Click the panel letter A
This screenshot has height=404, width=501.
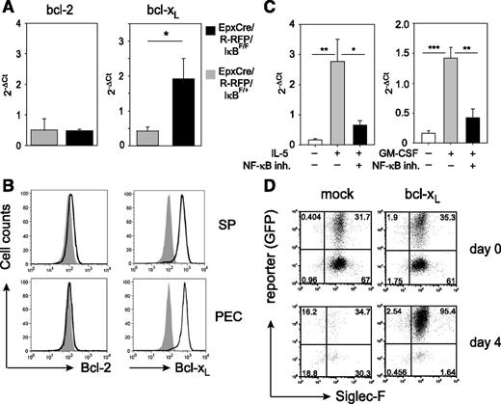(x=11, y=11)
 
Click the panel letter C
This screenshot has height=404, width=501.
(x=278, y=11)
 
